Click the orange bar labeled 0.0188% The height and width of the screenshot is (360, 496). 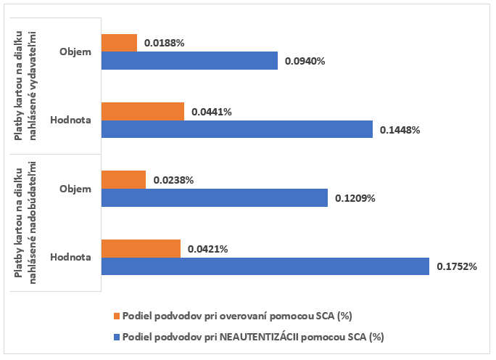tap(119, 43)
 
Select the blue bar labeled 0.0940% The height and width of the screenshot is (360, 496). tap(189, 61)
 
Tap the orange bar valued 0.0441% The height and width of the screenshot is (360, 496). tap(143, 111)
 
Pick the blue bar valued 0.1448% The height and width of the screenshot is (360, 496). tap(236, 129)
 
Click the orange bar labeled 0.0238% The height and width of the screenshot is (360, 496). tap(123, 179)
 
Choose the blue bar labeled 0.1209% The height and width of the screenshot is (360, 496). tap(214, 197)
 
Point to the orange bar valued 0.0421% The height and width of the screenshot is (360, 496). tap(141, 248)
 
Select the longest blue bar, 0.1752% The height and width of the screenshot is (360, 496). tap(265, 266)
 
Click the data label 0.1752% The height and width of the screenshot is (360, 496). tap(457, 266)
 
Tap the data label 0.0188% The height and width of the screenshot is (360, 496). tap(165, 43)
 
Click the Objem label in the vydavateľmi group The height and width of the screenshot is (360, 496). tap(76, 52)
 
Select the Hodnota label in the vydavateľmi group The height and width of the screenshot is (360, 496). tap(71, 120)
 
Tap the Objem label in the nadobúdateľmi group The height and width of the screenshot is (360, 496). tap(76, 189)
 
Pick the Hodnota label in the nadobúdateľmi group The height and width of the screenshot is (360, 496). tap(71, 257)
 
